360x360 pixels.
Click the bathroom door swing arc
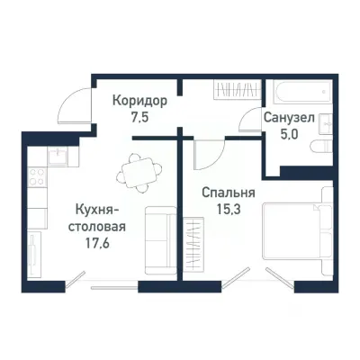click(250, 120)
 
